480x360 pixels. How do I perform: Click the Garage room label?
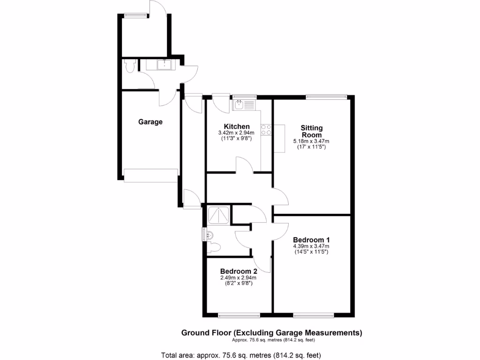click(150, 122)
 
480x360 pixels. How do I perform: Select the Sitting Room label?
click(312, 131)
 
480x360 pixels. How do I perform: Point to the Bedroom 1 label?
click(311, 240)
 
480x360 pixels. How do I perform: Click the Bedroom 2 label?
click(239, 271)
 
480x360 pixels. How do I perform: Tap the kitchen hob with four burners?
click(266, 130)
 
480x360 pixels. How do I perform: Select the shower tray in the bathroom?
click(219, 215)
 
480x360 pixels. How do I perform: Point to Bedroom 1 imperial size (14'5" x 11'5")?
click(311, 252)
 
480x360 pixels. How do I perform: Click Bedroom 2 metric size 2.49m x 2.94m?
click(239, 277)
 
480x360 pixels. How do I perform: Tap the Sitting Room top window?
click(327, 97)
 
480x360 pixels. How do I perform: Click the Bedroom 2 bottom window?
click(239, 314)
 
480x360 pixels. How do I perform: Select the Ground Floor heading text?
click(272, 333)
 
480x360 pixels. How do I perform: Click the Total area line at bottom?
click(241, 355)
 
